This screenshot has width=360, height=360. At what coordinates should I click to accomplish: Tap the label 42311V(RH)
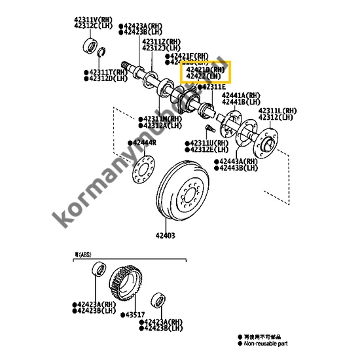92,20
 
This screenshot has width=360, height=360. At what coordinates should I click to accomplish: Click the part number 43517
135,315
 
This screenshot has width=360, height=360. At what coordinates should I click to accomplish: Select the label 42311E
213,86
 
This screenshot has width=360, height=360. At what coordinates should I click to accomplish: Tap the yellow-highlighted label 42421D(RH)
206,68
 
